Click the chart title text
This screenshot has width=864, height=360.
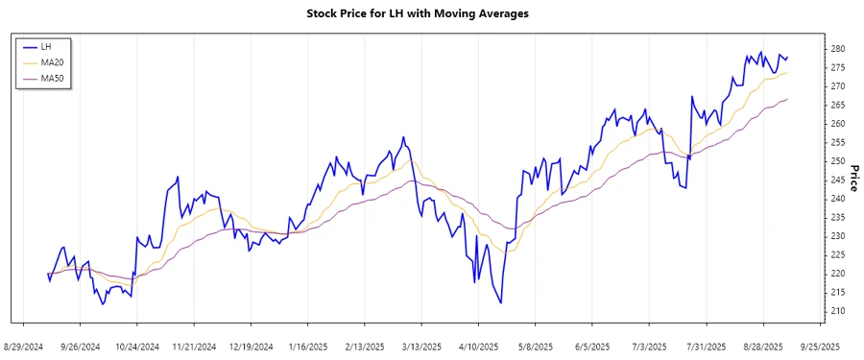[431, 13]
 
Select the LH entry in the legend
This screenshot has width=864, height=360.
[46, 46]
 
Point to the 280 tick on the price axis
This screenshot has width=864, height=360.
[838, 49]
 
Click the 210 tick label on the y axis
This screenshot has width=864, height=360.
[838, 311]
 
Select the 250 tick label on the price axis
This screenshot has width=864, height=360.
[838, 161]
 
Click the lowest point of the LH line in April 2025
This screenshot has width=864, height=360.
[501, 303]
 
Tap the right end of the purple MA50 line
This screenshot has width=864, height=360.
[787, 99]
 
